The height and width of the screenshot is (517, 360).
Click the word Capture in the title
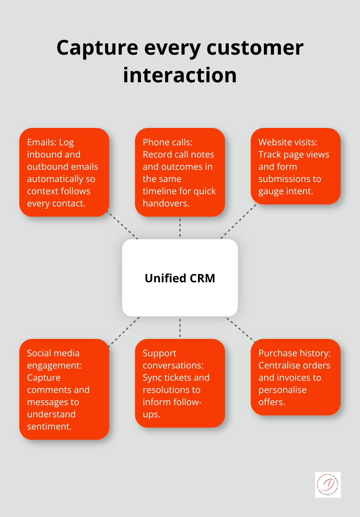[97, 48]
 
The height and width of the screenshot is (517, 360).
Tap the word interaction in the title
[180, 75]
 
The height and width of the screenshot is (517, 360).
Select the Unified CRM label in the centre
[180, 278]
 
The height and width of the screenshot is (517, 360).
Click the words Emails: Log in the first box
[50, 142]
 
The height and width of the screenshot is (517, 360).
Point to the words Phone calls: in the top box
[167, 142]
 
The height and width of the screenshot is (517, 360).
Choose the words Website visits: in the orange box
[288, 142]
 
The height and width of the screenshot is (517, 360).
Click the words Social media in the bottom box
[53, 353]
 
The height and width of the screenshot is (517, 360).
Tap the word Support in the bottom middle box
[159, 353]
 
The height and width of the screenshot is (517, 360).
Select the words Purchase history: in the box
[294, 353]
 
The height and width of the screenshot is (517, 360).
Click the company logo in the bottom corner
[328, 485]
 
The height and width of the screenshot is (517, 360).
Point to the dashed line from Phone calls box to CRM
[180, 228]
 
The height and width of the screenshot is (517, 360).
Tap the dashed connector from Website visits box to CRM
[238, 222]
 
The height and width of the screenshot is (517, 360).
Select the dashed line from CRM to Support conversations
[180, 328]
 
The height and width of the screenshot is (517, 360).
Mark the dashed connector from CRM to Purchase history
[239, 329]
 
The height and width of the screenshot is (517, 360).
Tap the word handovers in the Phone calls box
[165, 203]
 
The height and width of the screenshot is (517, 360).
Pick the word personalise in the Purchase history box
[282, 390]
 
